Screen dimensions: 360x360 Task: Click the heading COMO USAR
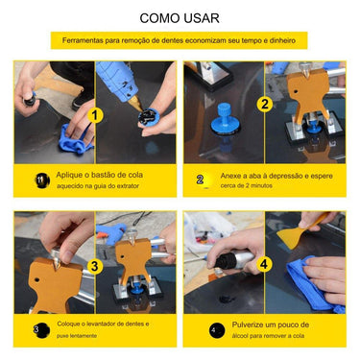tap(179, 17)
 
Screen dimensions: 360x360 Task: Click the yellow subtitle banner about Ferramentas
tap(180, 41)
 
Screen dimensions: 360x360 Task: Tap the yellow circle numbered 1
tap(95, 116)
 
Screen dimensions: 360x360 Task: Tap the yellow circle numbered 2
tap(264, 103)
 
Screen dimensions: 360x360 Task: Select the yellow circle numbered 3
tap(94, 267)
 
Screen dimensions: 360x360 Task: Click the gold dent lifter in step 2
tap(307, 96)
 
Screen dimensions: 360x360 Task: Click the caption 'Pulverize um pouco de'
tap(274, 325)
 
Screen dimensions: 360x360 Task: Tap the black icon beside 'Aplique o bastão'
tap(40, 180)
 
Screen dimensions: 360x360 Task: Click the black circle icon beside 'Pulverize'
tap(213, 329)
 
